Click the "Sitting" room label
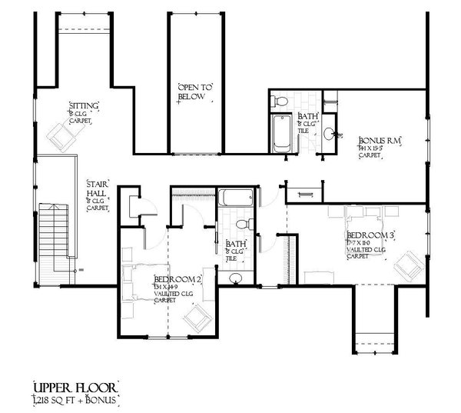(x=83, y=105)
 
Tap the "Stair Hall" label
(x=98, y=189)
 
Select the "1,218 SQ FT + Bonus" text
(x=76, y=400)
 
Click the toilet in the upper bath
(x=280, y=100)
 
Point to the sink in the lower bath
(x=236, y=278)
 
